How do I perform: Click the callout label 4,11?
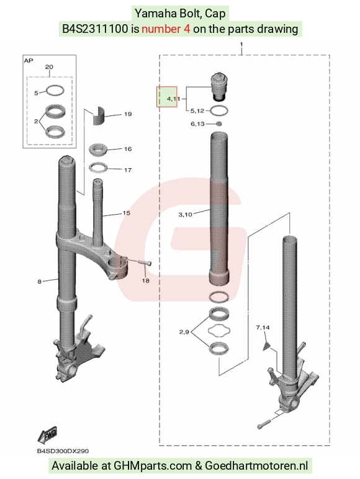(173, 99)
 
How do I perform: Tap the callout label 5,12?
(197, 110)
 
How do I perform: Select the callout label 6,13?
(197, 123)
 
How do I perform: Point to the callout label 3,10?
(185, 215)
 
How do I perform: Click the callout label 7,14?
(263, 328)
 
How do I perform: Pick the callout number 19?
(128, 114)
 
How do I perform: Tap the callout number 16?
(128, 149)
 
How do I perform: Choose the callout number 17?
(128, 170)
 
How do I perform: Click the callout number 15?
(127, 213)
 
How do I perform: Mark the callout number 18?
(145, 280)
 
